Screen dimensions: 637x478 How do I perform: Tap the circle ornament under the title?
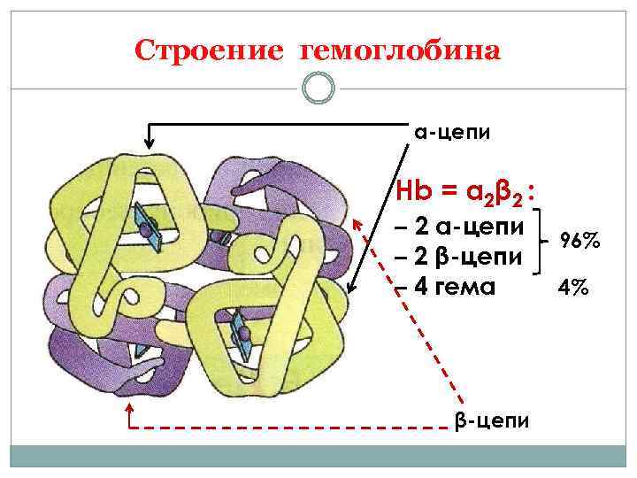[x=318, y=88]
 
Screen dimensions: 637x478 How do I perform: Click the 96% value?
[x=579, y=240]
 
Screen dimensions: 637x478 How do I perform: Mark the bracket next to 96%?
[x=548, y=239]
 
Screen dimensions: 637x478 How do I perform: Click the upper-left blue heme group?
[x=146, y=225]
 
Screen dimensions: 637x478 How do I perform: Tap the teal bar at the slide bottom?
[x=318, y=457]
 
